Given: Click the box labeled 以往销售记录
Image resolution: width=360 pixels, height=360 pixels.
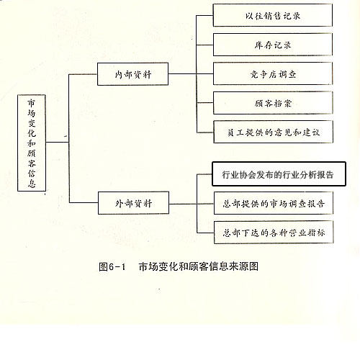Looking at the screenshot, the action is click(273, 15).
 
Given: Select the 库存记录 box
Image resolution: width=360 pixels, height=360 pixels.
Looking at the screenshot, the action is click(273, 45).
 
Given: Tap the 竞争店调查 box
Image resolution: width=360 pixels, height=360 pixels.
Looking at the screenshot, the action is click(273, 73).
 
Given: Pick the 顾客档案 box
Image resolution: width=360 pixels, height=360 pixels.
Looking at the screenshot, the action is click(273, 103).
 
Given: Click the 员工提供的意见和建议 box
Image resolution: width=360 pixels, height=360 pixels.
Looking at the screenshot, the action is click(273, 132).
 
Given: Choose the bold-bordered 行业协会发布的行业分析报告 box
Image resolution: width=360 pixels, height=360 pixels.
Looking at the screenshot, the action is click(279, 174).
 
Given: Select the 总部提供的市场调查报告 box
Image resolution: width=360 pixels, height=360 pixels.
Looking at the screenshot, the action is click(274, 203).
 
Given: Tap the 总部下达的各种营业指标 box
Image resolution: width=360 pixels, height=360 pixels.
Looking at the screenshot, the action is click(274, 233).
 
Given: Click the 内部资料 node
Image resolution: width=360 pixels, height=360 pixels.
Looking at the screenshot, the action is click(132, 74).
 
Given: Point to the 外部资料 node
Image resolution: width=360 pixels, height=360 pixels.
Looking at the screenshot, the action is click(133, 203).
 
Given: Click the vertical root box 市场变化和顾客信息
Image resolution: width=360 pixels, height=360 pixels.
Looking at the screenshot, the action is click(32, 143).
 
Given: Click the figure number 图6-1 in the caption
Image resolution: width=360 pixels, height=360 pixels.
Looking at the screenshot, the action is click(112, 266).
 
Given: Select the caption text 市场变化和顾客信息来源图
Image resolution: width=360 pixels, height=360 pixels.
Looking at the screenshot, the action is click(198, 266).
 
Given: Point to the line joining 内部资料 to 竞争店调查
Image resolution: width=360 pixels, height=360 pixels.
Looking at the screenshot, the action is click(191, 73).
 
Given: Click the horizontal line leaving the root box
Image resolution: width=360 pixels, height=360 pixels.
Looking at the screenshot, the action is click(58, 142).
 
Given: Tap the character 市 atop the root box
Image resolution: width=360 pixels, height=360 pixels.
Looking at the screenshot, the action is click(31, 103).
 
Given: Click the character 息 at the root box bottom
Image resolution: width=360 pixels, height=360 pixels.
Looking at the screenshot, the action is click(32, 183).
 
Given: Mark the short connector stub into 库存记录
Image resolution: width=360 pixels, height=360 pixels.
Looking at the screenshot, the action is click(204, 45).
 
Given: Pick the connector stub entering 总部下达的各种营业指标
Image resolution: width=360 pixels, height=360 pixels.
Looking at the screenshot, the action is click(205, 233).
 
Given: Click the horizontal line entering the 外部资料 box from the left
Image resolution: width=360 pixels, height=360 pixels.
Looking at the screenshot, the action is click(84, 203).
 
